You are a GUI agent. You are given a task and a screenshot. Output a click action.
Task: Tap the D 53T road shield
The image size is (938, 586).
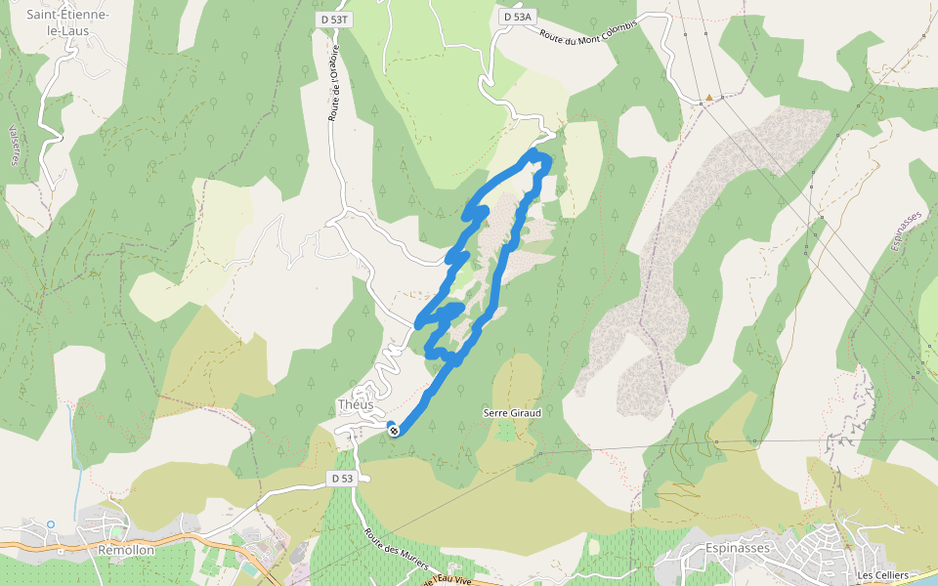pos(335,19)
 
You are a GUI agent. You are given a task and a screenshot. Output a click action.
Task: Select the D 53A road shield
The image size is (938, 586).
pos(518,17)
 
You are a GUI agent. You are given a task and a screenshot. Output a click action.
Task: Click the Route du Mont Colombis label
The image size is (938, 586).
pos(588,32)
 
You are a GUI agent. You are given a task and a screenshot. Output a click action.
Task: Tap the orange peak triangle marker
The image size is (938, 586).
pos(708,98)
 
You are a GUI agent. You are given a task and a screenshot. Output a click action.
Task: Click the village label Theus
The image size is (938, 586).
pos(355,405)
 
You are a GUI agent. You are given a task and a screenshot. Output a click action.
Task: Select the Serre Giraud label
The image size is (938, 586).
pos(512,413)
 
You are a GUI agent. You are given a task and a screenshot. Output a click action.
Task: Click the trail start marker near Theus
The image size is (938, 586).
pos(393,431)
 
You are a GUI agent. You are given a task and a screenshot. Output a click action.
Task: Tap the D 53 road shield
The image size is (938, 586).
pos(340,479)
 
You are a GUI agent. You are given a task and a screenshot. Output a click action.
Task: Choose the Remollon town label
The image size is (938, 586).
pos(127,550)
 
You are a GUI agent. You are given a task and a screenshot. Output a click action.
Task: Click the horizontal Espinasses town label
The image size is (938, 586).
pos(737,548)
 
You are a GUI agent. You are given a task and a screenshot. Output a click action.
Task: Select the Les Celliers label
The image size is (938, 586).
pos(881,575)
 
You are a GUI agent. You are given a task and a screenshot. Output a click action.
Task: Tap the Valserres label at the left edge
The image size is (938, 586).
pos(14,146)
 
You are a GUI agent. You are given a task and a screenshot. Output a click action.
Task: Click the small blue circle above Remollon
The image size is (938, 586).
pos(51,524)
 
